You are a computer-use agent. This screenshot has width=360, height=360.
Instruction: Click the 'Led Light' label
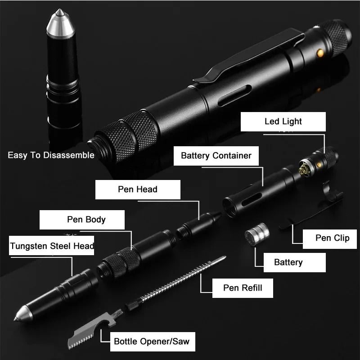coord(283,121)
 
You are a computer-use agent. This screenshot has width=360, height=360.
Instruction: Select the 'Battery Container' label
coord(216,156)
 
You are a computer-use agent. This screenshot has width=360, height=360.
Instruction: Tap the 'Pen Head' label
coord(138,189)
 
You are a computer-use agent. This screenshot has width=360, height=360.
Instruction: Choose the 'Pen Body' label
coord(86,220)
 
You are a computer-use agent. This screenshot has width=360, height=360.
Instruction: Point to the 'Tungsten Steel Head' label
coord(52,246)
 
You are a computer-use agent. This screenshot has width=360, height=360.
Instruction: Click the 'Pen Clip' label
coord(332,238)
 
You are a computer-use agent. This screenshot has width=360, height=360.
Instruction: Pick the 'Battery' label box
coord(288,262)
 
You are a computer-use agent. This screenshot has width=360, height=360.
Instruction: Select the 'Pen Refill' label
coord(243,288)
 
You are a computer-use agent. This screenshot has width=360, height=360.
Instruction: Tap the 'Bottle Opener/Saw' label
coord(152,341)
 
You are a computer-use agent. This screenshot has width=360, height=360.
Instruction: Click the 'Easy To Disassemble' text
coord(51,155)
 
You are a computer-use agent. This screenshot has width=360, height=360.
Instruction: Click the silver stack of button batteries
coord(255,236)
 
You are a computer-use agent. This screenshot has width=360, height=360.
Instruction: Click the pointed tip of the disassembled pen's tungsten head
coord(17,318)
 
